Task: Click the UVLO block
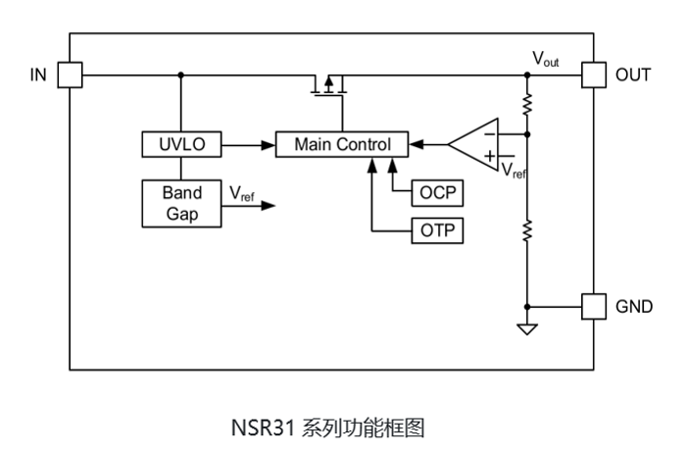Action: tap(181, 145)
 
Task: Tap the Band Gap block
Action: tap(181, 203)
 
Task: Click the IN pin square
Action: tap(69, 75)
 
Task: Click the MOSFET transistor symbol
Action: tap(330, 86)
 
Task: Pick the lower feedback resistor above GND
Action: tap(527, 231)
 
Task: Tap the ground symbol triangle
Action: tap(527, 329)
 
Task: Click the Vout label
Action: tap(546, 59)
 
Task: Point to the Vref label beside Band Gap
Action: tap(241, 194)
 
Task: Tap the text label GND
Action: tap(632, 306)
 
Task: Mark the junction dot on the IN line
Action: tap(181, 75)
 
